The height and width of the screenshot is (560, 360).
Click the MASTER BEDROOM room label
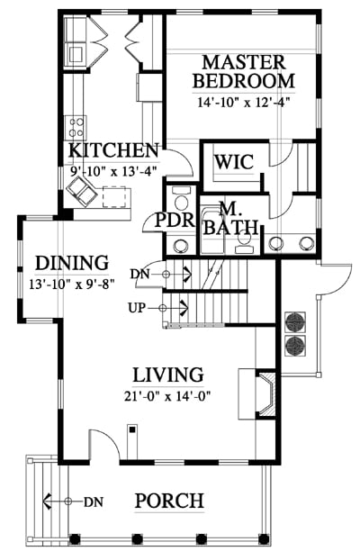point(244,71)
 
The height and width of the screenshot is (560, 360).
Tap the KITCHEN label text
point(113,150)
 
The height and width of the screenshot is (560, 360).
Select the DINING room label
point(72,263)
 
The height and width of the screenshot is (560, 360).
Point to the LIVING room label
point(168,375)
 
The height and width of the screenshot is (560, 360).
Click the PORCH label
point(169,501)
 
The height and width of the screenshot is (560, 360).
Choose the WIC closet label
point(234,162)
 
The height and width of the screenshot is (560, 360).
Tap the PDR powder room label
point(175,221)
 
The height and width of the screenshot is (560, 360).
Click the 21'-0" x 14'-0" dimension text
point(167,396)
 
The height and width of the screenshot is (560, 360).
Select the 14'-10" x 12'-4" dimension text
point(243,103)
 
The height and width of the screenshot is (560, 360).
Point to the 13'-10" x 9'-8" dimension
point(72,284)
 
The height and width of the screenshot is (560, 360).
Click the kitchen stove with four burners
point(76,128)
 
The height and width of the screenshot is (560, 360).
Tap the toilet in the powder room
point(181,201)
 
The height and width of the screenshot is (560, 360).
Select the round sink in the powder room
point(181,246)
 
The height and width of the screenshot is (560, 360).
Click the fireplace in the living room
point(266,394)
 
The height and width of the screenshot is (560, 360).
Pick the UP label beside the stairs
point(137,308)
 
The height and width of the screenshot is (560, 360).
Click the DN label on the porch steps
point(94,502)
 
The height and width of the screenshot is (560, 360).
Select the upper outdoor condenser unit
point(295,322)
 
